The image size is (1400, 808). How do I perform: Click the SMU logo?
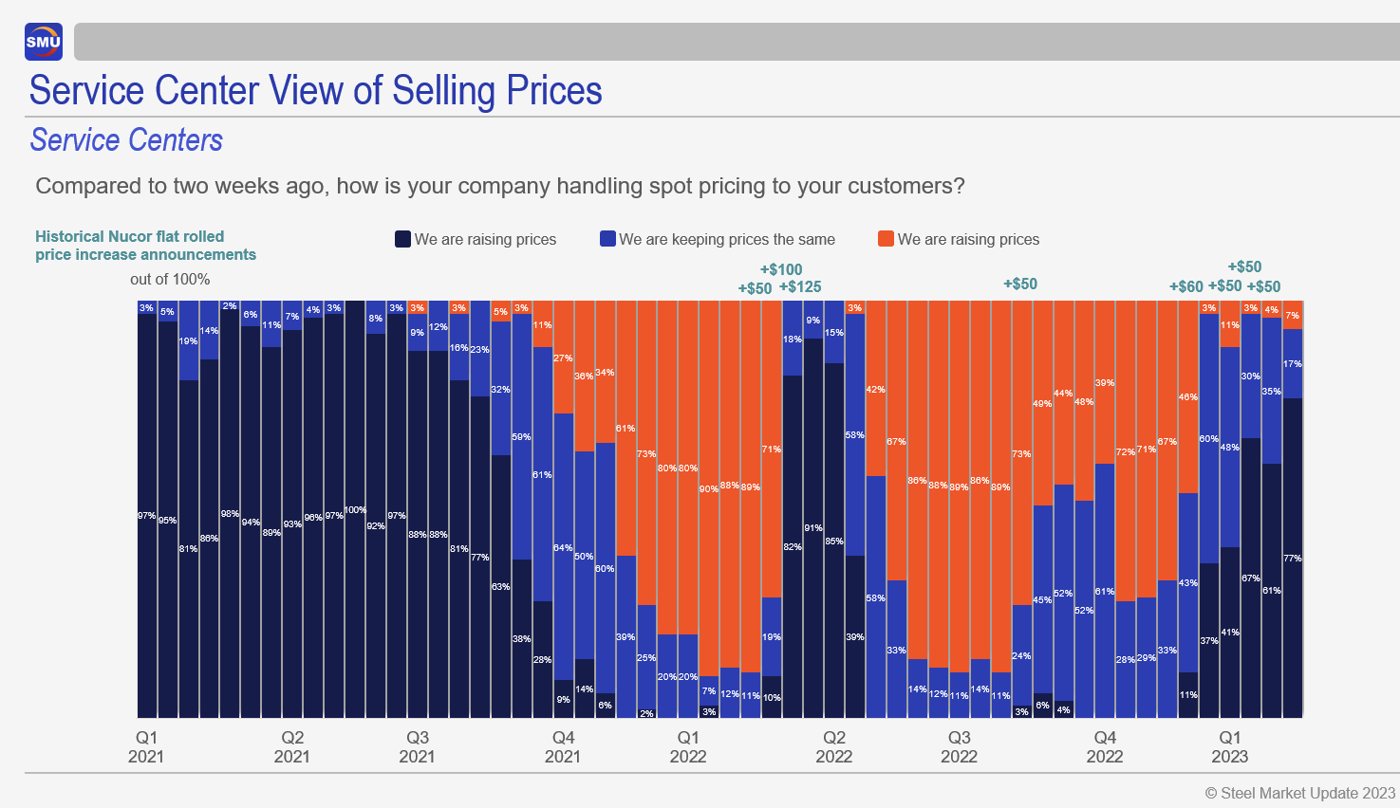[x=44, y=42]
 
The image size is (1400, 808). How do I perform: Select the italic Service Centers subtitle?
[x=126, y=140]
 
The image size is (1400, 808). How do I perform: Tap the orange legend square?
[x=886, y=239]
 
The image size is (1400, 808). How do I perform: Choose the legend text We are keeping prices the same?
[x=727, y=240]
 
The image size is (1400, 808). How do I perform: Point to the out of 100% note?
[x=170, y=280]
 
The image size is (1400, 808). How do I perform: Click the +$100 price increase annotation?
[x=781, y=269]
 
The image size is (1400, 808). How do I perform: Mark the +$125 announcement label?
[x=800, y=287]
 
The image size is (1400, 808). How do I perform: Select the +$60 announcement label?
[x=1185, y=286]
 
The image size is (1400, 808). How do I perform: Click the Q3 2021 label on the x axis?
[x=417, y=746]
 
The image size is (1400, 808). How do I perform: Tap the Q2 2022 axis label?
[x=833, y=746]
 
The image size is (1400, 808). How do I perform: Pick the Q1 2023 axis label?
[x=1229, y=746]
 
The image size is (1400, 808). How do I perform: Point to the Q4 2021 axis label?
[x=563, y=746]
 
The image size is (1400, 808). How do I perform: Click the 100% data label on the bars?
[x=355, y=510]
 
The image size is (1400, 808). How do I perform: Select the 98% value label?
[x=230, y=514]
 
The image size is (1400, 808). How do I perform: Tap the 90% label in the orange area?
[x=709, y=489]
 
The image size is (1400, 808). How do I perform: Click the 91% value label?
[x=813, y=528]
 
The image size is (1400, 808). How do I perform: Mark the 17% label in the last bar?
[x=1292, y=364]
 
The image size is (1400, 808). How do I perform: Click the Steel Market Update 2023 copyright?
[x=1299, y=793]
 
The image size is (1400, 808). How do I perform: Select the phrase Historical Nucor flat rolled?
[x=130, y=236]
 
